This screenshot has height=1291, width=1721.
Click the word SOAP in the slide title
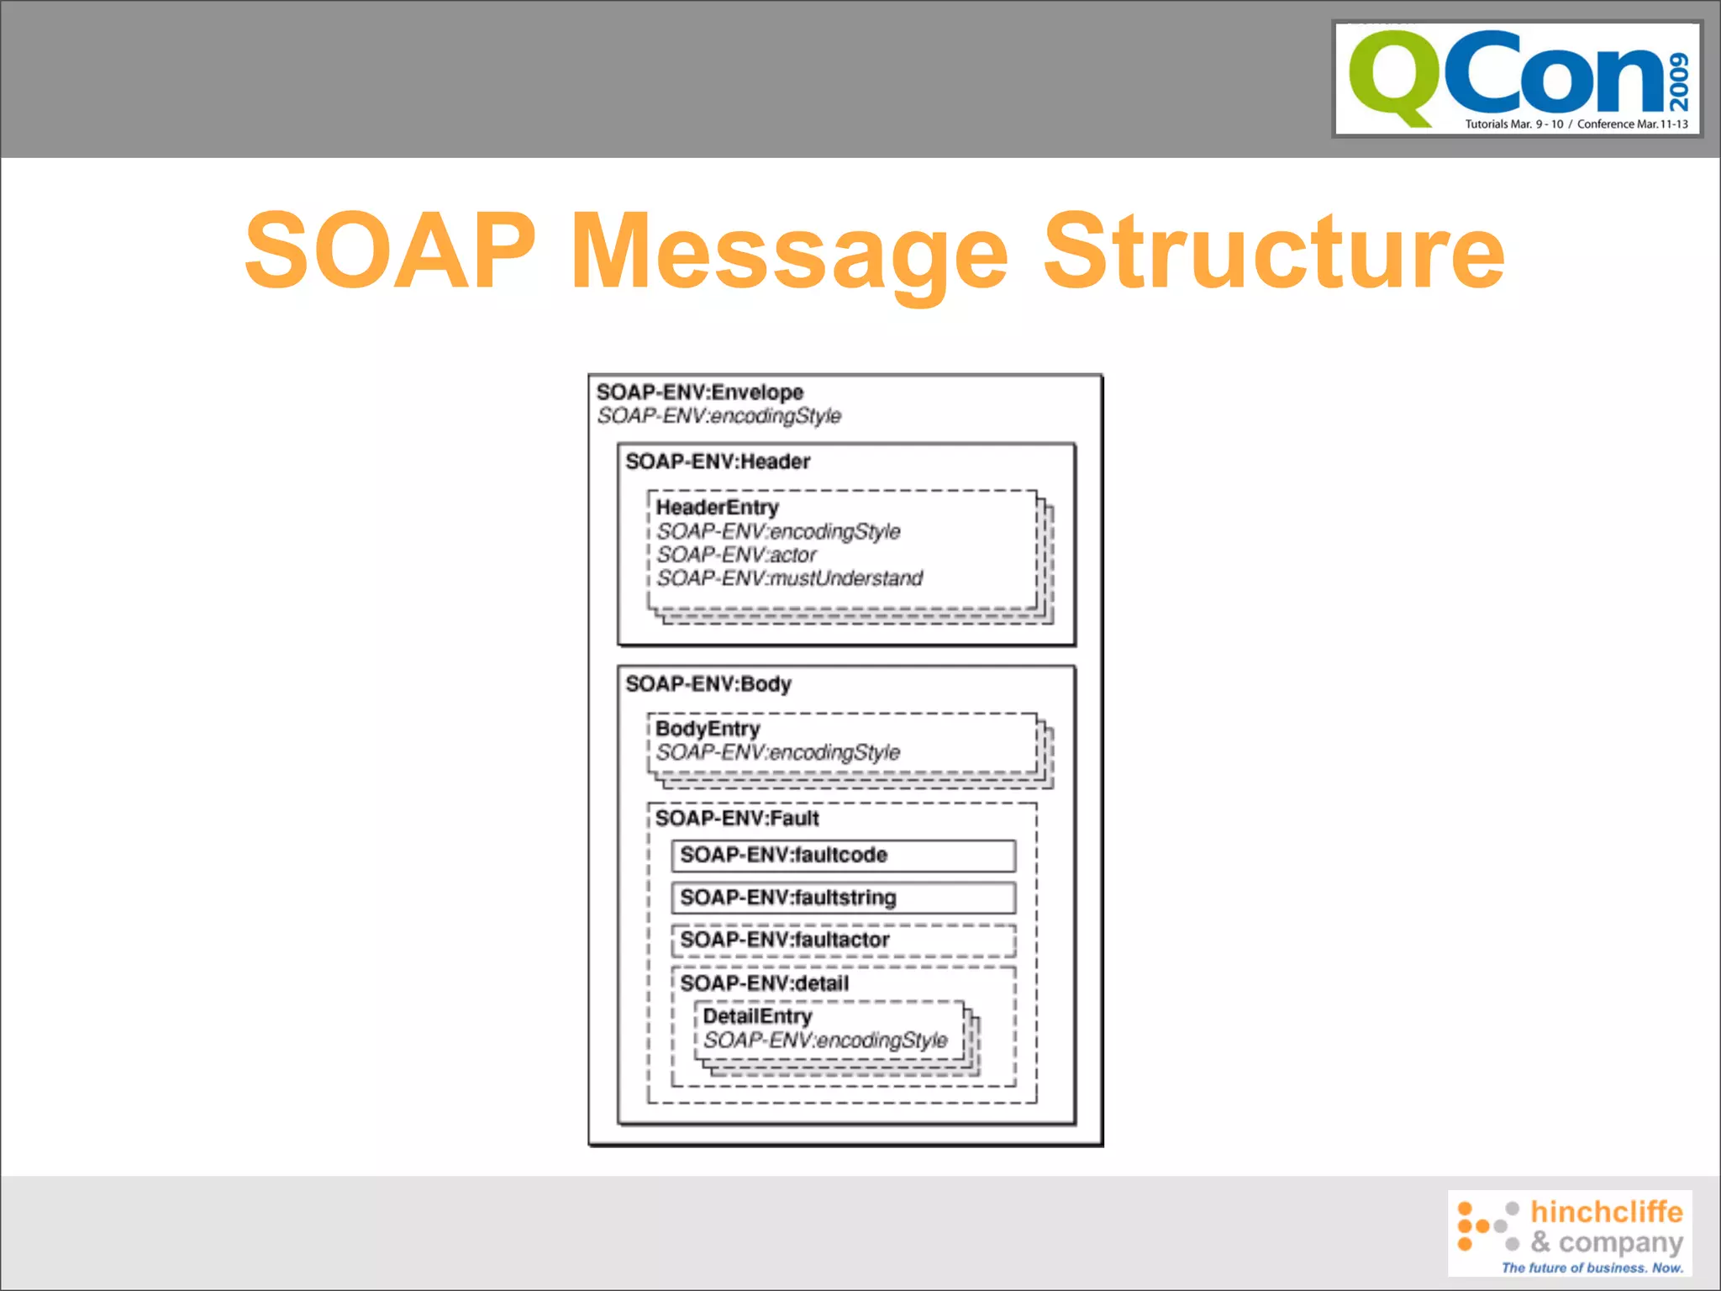(x=390, y=250)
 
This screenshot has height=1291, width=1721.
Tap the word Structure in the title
(x=1272, y=250)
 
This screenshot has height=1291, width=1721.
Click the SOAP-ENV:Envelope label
(x=699, y=393)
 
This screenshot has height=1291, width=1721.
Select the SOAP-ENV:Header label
(x=717, y=461)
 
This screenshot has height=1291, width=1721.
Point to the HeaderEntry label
(x=717, y=508)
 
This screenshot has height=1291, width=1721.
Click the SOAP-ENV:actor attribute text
(x=736, y=555)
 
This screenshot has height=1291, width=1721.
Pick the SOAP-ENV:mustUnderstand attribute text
(x=789, y=578)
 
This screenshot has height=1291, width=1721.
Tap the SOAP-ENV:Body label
(x=708, y=684)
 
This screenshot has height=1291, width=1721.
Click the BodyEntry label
(x=707, y=729)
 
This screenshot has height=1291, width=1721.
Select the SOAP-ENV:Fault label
(x=736, y=819)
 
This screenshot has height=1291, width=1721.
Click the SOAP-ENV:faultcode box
(x=843, y=856)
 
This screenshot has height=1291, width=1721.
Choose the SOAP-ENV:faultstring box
(x=843, y=898)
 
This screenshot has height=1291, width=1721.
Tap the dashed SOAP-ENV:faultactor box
(x=843, y=941)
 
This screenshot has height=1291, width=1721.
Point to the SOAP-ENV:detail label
(x=764, y=983)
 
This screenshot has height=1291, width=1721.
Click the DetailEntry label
(x=757, y=1017)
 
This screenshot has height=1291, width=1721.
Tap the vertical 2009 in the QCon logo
(x=1678, y=82)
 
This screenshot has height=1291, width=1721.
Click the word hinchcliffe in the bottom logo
(x=1606, y=1212)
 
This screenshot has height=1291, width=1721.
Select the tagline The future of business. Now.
(x=1592, y=1267)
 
